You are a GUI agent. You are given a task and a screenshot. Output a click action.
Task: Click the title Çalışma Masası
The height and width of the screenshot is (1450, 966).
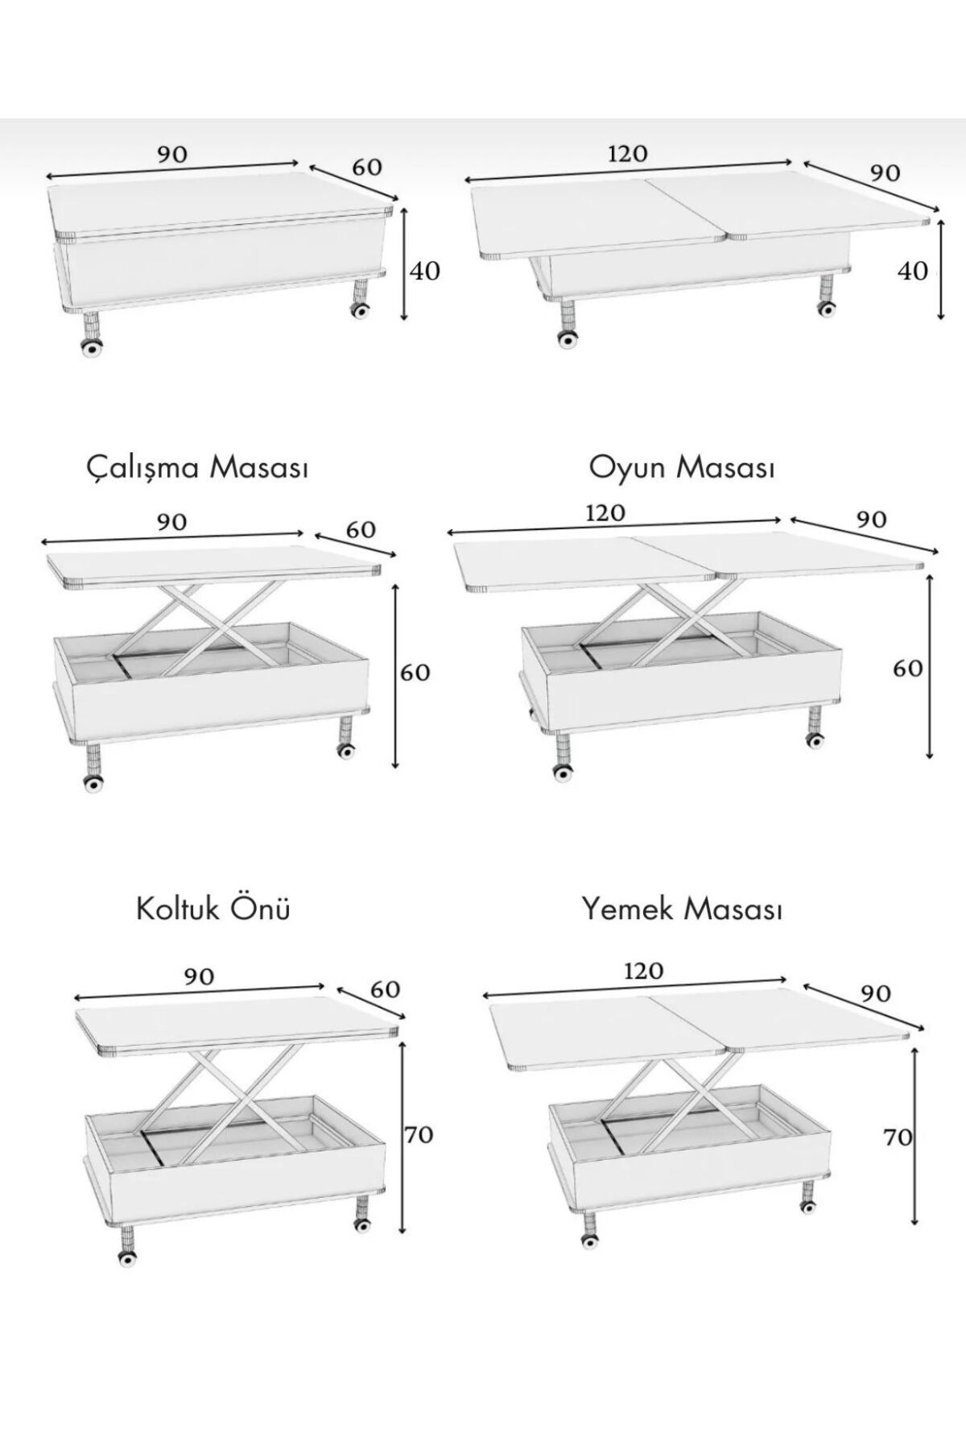tap(197, 467)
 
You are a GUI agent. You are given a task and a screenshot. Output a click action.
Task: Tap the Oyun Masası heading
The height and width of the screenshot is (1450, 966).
tap(682, 467)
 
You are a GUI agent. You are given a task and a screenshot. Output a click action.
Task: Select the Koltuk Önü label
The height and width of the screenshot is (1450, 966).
tap(213, 909)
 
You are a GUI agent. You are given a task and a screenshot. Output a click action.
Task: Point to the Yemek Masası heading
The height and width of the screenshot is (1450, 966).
tap(682, 909)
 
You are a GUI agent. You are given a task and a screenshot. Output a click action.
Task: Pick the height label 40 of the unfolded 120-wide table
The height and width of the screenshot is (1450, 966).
tap(913, 271)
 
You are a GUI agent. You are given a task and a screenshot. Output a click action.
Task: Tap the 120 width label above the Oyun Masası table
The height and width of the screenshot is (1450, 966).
tap(605, 512)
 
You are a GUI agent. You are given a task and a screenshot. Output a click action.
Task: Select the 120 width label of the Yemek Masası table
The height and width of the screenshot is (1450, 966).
tap(643, 971)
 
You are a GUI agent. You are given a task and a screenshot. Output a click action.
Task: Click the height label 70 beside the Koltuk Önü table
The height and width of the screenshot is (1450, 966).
tap(419, 1134)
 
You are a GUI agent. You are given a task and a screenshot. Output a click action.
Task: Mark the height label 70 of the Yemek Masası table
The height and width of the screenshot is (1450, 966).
tap(898, 1137)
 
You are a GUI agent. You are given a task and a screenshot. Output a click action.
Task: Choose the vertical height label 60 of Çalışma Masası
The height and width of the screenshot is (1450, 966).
tap(415, 672)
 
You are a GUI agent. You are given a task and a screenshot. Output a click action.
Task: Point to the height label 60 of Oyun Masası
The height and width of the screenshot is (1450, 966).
tap(908, 668)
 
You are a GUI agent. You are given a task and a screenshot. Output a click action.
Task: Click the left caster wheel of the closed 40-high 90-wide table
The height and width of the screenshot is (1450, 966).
tap(92, 348)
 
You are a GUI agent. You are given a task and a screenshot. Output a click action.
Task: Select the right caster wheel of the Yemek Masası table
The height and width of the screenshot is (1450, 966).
tap(806, 1207)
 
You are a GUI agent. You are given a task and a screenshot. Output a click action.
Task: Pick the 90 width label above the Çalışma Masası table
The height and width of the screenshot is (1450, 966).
tap(171, 522)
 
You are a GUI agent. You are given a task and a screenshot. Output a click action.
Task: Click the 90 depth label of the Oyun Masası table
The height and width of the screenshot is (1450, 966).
tap(872, 519)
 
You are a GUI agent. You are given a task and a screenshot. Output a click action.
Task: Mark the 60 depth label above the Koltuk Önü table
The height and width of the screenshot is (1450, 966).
tap(385, 988)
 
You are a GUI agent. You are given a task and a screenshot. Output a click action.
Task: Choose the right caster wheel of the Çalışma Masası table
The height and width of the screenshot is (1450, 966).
tap(347, 751)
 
